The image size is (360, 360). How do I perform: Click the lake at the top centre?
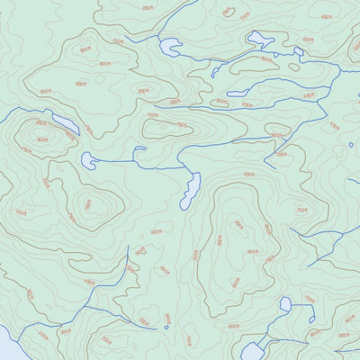(x=170, y=48)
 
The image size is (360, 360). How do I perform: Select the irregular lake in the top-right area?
(x=259, y=40)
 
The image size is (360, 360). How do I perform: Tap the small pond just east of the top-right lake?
(x=299, y=52)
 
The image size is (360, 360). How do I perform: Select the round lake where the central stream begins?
(x=88, y=160)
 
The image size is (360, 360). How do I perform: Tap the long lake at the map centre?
(x=191, y=189)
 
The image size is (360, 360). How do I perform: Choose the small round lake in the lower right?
(x=285, y=305)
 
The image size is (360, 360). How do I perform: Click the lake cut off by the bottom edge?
(x=251, y=351)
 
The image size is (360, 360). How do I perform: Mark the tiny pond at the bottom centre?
(x=166, y=327)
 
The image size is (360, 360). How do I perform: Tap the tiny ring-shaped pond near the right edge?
(x=351, y=143)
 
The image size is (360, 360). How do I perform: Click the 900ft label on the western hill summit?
(x=41, y=139)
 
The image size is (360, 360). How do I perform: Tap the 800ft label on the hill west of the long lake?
(x=88, y=204)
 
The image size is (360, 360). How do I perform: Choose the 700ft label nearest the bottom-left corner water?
(x=31, y=294)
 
